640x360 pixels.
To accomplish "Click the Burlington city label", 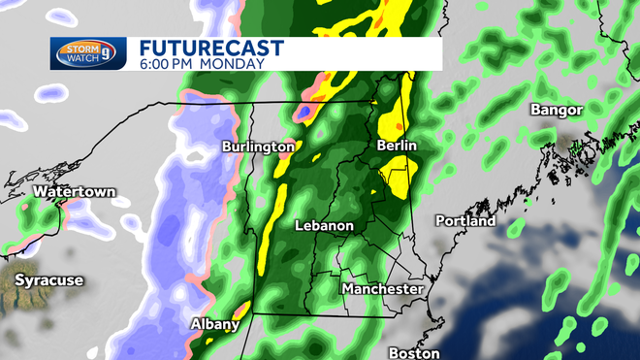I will coord(258,147).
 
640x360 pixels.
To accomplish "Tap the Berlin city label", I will coord(396,145).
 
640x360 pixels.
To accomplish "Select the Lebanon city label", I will coord(325,226).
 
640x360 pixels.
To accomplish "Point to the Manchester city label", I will coord(382,289).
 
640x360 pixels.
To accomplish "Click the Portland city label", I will coord(465,221).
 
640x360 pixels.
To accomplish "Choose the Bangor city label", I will coord(556,110).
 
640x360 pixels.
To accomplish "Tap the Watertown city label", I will coord(74,192).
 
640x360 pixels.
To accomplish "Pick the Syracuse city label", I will coord(48,280).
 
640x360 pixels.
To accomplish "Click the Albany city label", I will coord(215,325).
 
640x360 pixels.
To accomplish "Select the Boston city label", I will coord(414,352).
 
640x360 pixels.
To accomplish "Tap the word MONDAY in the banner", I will coord(233,64).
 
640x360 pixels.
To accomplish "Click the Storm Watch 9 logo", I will coord(88,54).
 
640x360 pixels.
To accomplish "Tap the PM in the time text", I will coord(190,64).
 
